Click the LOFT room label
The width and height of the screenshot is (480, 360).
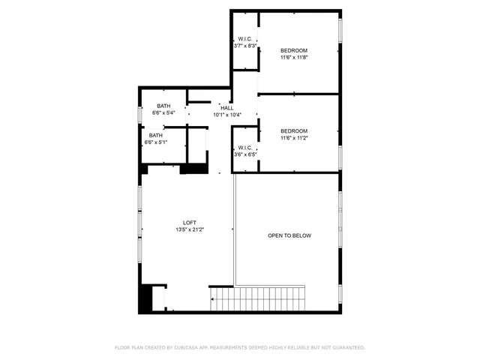click(x=190, y=223)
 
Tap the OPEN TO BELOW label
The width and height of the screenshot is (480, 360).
click(x=289, y=235)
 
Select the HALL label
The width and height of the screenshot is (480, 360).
click(x=227, y=108)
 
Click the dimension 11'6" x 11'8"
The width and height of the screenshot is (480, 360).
click(x=294, y=57)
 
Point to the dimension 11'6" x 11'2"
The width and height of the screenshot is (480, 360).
click(x=294, y=138)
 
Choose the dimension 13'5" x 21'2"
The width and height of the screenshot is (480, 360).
click(x=190, y=229)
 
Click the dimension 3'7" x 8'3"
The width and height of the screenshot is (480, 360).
click(x=245, y=46)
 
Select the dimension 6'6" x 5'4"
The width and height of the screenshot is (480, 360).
click(x=163, y=112)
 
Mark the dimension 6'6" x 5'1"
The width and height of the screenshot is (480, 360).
click(x=156, y=142)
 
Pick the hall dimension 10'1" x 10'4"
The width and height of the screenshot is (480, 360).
click(x=227, y=115)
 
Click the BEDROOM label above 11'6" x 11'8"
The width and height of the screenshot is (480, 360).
click(x=294, y=50)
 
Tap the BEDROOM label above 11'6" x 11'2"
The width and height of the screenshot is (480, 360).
click(x=294, y=131)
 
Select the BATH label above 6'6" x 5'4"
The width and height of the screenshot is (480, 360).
click(x=163, y=106)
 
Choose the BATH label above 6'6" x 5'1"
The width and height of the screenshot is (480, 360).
click(x=156, y=135)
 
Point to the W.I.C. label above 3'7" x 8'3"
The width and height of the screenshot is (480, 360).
click(x=245, y=39)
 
